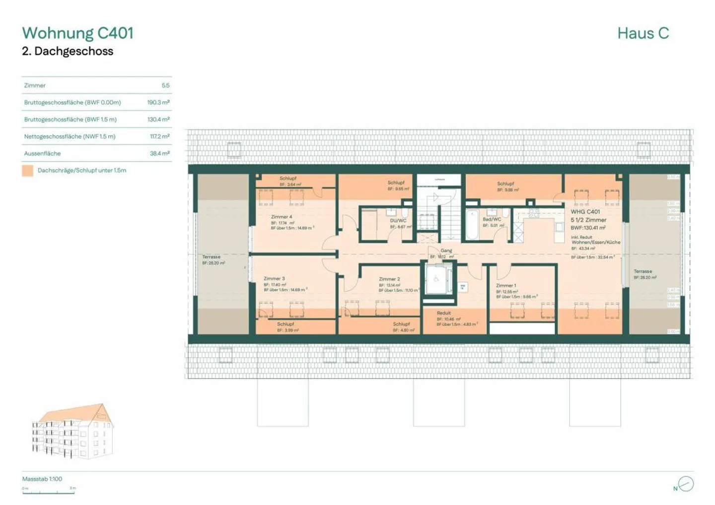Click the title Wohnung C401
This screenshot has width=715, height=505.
[x=77, y=33]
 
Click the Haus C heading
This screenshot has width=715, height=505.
[x=643, y=33]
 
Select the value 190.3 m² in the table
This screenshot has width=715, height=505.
[x=158, y=103]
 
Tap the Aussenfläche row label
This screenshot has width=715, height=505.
[x=42, y=154]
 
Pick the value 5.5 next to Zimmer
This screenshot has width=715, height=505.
[x=165, y=85]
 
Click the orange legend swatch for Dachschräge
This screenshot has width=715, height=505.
[x=28, y=171]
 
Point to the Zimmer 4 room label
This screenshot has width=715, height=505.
[x=282, y=217]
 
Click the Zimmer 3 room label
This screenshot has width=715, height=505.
[x=274, y=279]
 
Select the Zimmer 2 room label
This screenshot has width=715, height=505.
[x=389, y=279]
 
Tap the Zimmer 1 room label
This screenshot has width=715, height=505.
[x=506, y=286]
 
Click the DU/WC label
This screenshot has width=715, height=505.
[x=398, y=221]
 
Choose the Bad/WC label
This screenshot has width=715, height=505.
[x=492, y=219]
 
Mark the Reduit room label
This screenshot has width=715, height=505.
[x=444, y=313]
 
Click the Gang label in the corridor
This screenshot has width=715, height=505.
[x=446, y=251]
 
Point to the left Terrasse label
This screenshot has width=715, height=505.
[x=211, y=257]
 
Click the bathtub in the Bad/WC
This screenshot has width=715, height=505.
[x=472, y=226]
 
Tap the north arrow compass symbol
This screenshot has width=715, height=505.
[x=686, y=484]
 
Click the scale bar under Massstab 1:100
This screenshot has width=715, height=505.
[x=49, y=492]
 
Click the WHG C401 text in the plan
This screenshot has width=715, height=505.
[x=585, y=212]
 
